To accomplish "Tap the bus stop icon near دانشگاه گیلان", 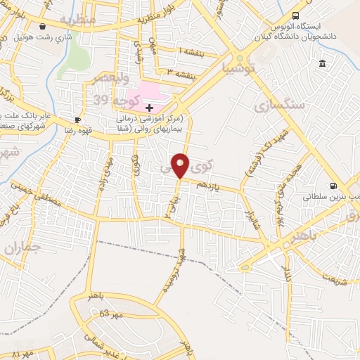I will pyautogui.click(x=296, y=15).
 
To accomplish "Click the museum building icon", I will pyautogui.click(x=322, y=64).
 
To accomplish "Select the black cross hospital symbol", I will pyautogui.click(x=149, y=107).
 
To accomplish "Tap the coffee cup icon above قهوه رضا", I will pyautogui.click(x=77, y=120).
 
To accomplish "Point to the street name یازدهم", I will pyautogui.click(x=208, y=185).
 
